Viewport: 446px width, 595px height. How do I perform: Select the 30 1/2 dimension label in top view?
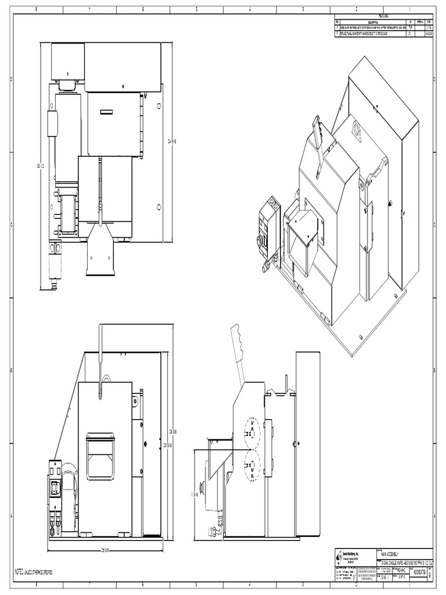pos(41,166)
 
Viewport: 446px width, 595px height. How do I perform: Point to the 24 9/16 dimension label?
pos(172,141)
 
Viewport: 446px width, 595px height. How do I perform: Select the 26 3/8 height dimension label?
pos(172,431)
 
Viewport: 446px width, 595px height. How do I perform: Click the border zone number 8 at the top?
pos(37,9)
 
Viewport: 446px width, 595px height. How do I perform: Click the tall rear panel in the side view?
pos(307,445)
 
